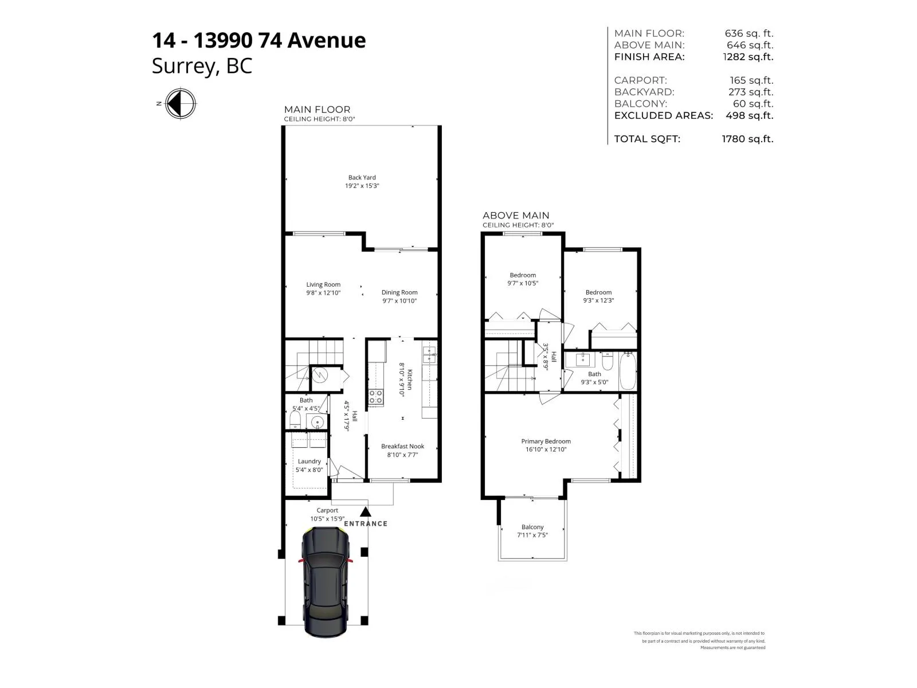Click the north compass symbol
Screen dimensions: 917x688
pos(181,104)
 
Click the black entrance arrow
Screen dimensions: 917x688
pos(366,511)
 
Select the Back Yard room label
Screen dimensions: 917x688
pos(362,178)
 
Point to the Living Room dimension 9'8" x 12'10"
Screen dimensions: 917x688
pos(323,293)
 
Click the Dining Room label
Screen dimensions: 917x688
pos(399,292)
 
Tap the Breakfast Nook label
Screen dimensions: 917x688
pos(402,446)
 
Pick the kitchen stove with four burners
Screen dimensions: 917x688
pos(375,396)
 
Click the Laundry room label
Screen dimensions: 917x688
pos(309,461)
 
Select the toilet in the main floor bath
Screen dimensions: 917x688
pos(295,420)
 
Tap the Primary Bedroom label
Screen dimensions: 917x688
pos(546,441)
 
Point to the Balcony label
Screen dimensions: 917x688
pos(532,527)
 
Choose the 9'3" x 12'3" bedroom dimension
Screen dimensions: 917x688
pos(598,300)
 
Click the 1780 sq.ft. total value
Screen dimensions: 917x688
pos(747,139)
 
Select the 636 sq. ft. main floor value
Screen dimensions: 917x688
pos(749,33)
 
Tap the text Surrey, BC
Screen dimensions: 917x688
pos(202,66)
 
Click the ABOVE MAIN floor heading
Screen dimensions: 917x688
pos(515,216)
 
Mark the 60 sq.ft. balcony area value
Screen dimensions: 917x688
pos(753,104)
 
